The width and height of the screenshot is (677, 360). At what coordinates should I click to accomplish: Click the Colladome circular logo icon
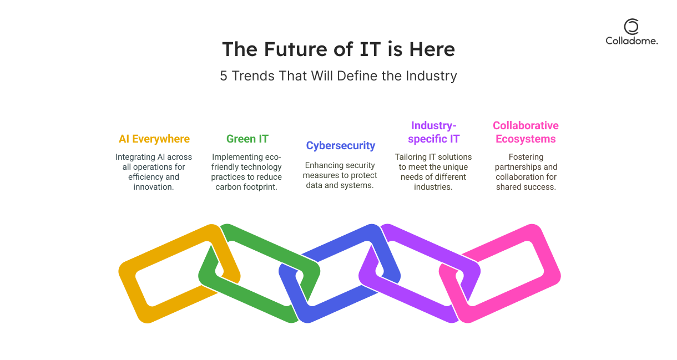(x=631, y=27)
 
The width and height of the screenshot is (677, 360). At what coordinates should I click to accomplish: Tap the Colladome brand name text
(x=631, y=41)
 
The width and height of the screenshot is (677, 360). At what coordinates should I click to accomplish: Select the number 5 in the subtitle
(x=223, y=76)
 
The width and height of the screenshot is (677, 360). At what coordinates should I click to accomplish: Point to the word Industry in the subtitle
(x=431, y=76)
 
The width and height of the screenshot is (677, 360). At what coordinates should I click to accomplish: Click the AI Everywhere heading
(x=154, y=139)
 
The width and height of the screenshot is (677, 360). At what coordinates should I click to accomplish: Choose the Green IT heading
(x=247, y=139)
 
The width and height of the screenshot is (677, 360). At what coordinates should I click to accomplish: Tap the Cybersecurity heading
(x=341, y=145)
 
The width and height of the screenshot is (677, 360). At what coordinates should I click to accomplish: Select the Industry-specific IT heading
(x=434, y=132)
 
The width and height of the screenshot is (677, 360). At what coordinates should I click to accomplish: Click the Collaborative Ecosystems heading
(x=526, y=132)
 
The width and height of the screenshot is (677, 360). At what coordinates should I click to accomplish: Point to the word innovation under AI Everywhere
(x=154, y=187)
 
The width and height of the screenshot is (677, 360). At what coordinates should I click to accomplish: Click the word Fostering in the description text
(x=526, y=157)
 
